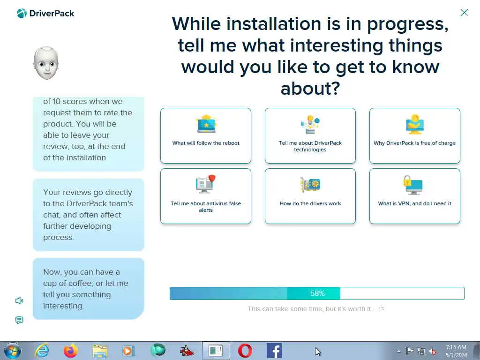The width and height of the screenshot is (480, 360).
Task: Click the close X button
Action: click(464, 13)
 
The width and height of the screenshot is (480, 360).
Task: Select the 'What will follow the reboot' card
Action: click(206, 135)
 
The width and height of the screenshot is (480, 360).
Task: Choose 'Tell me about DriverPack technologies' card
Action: click(310, 135)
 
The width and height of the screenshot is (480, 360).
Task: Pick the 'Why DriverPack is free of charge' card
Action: click(414, 135)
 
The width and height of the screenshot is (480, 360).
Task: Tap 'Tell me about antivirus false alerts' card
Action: click(206, 196)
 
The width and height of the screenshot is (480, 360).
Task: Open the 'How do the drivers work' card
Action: click(310, 196)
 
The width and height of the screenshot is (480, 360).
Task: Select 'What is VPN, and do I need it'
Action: click(414, 196)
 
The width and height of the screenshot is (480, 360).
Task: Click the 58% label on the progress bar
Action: click(317, 293)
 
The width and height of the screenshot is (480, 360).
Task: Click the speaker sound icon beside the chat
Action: click(19, 300)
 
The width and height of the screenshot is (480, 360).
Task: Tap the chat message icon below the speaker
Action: click(19, 320)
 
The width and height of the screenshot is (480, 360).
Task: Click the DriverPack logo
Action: click(45, 14)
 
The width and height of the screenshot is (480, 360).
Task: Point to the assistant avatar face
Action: click(46, 63)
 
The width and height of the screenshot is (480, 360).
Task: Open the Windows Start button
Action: click(13, 351)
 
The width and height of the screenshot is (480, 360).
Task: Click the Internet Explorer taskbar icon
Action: click(42, 351)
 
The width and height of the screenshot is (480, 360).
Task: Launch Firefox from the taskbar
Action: click(71, 351)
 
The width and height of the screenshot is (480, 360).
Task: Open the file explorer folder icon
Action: click(100, 351)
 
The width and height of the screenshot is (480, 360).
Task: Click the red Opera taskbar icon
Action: click(245, 351)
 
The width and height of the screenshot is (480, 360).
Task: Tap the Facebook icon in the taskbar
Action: click(274, 351)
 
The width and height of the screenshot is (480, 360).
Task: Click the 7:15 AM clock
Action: click(456, 347)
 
